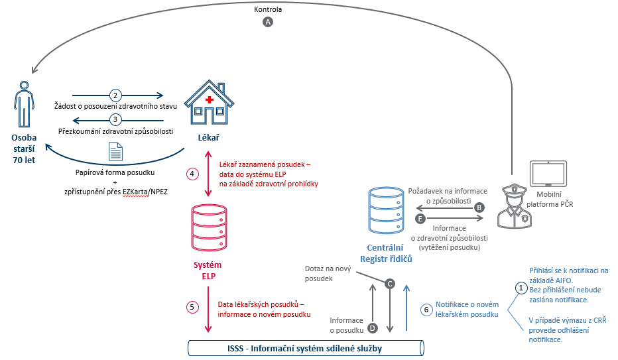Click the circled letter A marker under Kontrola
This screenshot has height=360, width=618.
268,22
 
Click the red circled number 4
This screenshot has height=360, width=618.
192,174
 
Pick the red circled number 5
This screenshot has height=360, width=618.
192,307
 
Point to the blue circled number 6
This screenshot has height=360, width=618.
426,309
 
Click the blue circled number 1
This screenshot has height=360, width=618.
521,288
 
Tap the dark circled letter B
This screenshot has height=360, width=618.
479,207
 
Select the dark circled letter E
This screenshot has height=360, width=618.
418,217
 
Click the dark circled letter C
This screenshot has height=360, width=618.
390,284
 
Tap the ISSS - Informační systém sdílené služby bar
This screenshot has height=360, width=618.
306,347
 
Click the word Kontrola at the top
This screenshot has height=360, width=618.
268,9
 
